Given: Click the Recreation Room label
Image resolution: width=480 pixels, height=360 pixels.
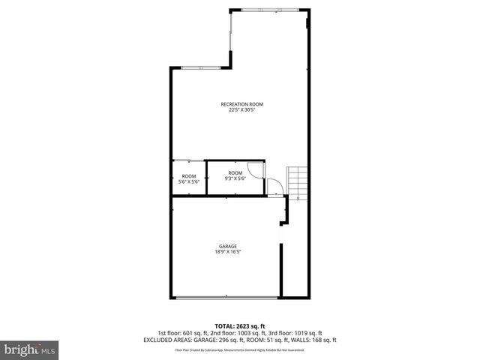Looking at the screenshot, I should [x=241, y=104].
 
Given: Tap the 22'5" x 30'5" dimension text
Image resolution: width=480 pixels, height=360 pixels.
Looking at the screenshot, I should [x=241, y=110].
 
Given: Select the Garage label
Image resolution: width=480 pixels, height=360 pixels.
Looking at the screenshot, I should [x=228, y=246].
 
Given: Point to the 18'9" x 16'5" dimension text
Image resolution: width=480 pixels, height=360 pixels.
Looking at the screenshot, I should [x=228, y=252].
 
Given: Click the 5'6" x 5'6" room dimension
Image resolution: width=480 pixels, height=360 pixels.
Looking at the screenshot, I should [x=188, y=181].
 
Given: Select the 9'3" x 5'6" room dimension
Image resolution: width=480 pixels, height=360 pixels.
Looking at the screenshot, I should [x=236, y=178].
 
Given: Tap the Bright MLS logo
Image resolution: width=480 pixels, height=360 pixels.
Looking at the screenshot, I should [x=30, y=349].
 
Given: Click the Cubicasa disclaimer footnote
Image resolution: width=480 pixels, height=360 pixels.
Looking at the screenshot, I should [x=240, y=350].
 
